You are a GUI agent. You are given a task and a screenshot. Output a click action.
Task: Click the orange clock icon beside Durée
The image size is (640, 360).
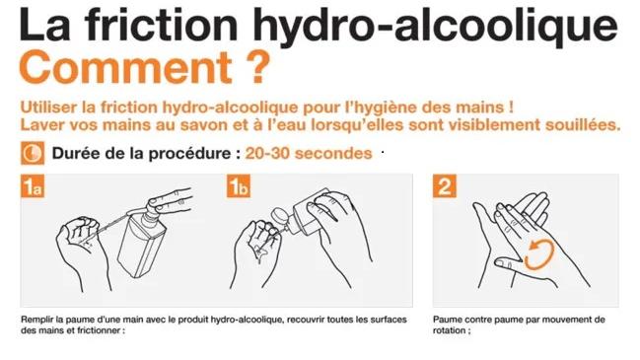(x=32, y=153)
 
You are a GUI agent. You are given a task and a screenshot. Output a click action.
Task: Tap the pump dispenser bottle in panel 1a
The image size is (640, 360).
(x=141, y=242)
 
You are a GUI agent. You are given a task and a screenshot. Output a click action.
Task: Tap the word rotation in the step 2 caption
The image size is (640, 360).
(x=450, y=330)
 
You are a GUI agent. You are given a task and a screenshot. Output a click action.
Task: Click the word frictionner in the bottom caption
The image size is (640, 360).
(x=96, y=330)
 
